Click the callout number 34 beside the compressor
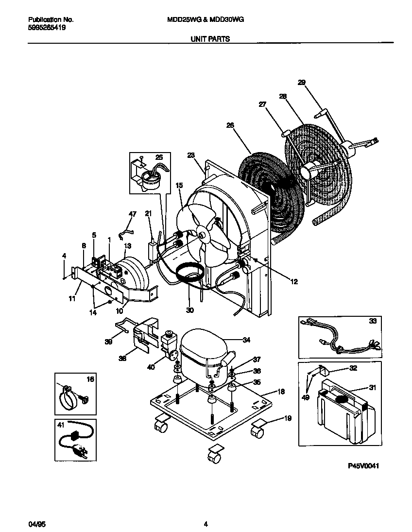point(246,340)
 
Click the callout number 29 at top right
point(301,83)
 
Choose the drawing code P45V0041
point(363,465)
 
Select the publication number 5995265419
point(47,28)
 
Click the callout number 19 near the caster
point(288,418)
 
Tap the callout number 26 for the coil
point(230,125)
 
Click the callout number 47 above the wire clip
point(133,213)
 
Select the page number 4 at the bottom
point(206,524)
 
